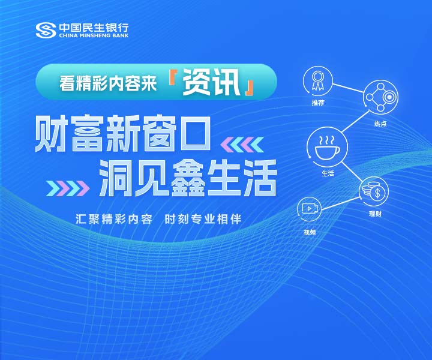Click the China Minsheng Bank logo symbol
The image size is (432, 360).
coord(46,30)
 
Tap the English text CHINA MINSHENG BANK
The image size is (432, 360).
coord(94,35)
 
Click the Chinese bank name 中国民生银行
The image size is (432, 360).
coord(94,27)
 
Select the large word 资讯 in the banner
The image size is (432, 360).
coord(211,82)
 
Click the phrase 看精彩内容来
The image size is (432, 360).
coord(108,83)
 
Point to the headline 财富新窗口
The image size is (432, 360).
coord(123,134)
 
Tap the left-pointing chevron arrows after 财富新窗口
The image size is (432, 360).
coord(242,145)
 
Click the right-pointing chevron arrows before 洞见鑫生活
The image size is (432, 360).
coord(68,188)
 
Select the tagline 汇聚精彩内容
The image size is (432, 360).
coord(114,220)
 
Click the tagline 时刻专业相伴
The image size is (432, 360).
coord(203,220)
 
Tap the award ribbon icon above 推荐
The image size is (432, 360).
coord(317,81)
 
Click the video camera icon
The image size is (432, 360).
coord(310,209)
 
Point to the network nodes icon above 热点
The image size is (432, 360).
coord(381,97)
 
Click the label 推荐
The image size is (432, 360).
coord(318,103)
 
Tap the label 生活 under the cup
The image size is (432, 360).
coord(328,173)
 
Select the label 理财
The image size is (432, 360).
coord(375,214)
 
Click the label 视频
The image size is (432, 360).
coord(310,232)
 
